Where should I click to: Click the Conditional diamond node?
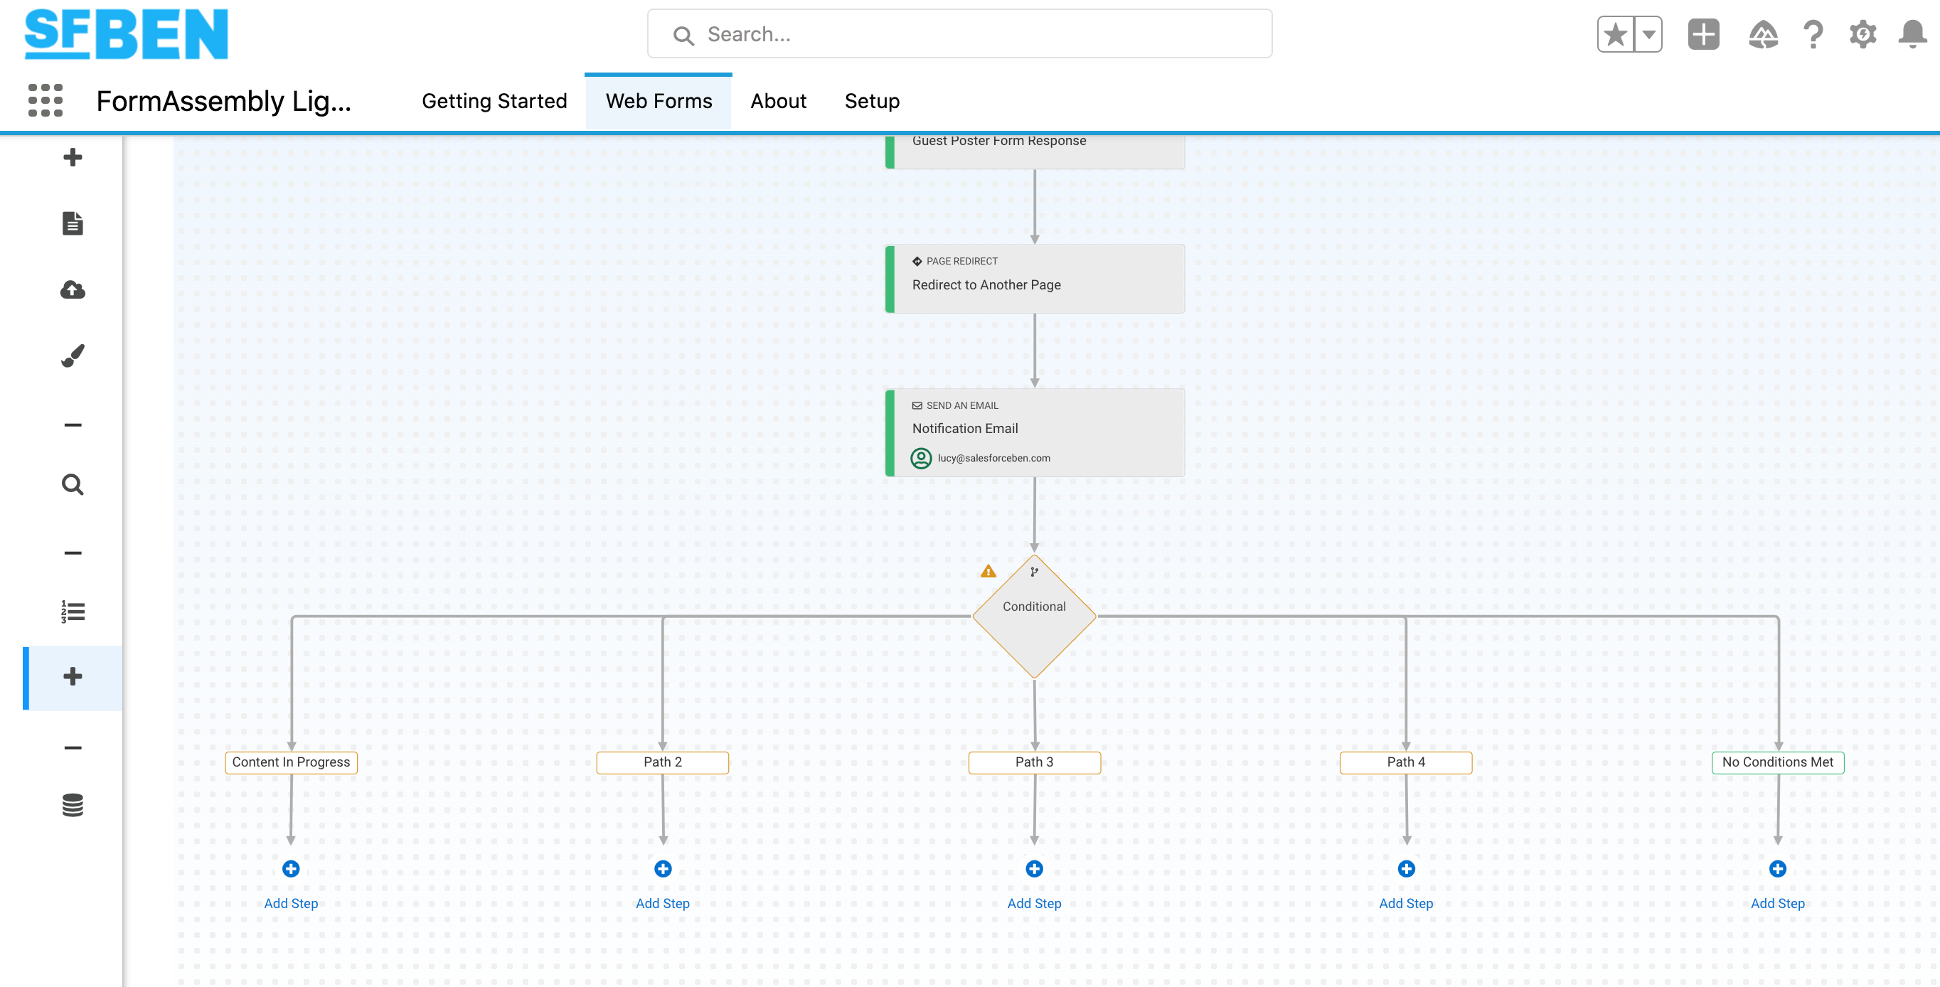[1034, 617]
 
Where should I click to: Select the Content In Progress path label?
[291, 762]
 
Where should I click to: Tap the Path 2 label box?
[663, 762]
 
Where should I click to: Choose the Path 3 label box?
[1034, 762]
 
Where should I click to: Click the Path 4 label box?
[1406, 762]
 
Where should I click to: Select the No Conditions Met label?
[1777, 762]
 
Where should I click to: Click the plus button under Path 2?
[663, 869]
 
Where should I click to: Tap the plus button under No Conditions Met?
[1777, 869]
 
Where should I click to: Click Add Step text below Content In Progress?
[291, 903]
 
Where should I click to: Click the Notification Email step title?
[965, 428]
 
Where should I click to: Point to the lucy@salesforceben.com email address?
[993, 458]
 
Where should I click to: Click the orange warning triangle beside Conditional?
[988, 572]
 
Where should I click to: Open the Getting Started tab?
[494, 101]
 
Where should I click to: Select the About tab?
[778, 101]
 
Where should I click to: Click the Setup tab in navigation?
[872, 101]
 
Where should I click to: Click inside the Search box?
[959, 34]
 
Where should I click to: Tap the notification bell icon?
[1912, 34]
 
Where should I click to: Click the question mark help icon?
[1813, 34]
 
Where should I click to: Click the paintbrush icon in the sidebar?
[73, 356]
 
